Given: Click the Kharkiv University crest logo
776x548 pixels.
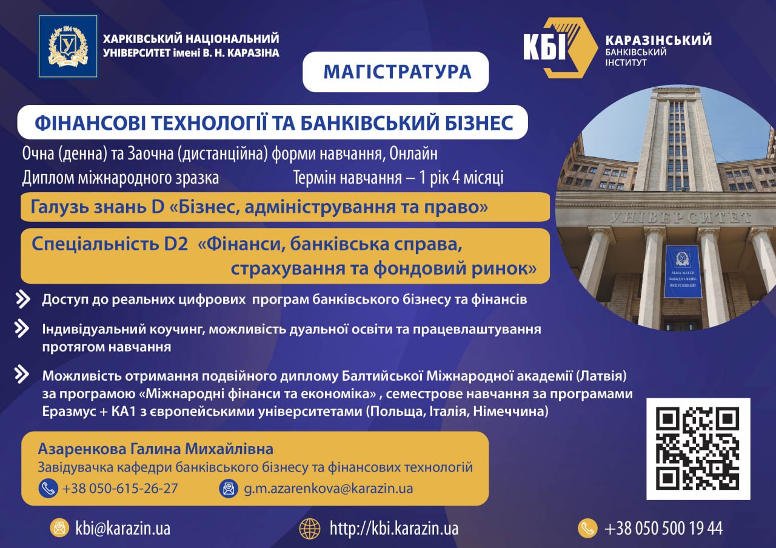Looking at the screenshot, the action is click(68, 47).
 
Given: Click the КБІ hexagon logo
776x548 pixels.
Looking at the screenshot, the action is click(560, 47).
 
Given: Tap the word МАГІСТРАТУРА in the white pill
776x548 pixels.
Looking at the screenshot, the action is click(397, 72).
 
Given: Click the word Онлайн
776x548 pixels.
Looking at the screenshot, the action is click(413, 153).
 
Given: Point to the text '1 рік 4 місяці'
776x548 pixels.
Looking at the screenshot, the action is click(461, 178).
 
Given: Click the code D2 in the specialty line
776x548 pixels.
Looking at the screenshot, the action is click(176, 244).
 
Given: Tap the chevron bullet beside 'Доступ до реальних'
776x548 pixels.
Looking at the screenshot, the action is click(23, 299).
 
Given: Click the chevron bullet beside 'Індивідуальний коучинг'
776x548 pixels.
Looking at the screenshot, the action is click(21, 329).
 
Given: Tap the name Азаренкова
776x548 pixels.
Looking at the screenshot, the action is click(82, 449).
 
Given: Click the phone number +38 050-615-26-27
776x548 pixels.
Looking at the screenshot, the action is click(120, 489).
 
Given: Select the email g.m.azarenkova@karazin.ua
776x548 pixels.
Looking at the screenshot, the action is click(329, 489).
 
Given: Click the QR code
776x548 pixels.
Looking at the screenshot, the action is click(698, 449).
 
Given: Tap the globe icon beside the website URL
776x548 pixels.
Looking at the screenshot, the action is click(310, 529).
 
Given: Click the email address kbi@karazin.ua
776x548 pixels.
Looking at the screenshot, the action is click(123, 529).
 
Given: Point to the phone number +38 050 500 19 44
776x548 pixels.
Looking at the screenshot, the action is click(664, 529).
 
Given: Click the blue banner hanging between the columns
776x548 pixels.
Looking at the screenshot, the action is click(683, 271).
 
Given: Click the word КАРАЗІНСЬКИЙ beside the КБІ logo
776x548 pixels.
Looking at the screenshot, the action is click(658, 40).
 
